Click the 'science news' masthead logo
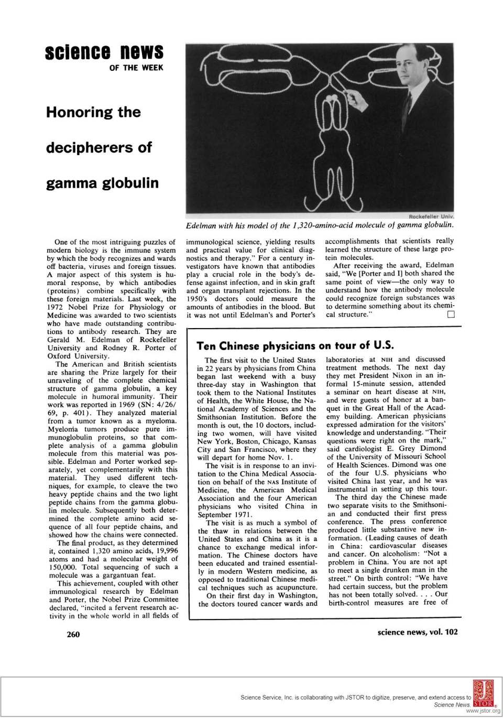(104, 52)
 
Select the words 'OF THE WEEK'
(136, 68)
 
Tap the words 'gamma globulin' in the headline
(102, 183)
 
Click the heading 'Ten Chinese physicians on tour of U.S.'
(294, 346)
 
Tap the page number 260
(73, 634)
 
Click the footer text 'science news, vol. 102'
(417, 632)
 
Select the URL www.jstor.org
(483, 712)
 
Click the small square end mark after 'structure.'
(451, 314)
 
